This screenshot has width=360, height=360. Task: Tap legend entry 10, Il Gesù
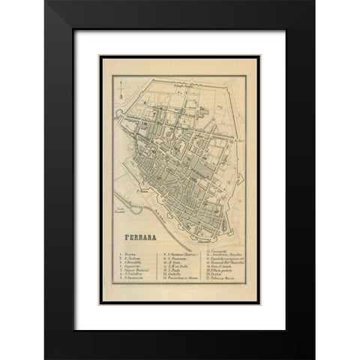click(173, 265)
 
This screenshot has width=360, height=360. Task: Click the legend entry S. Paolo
click(174, 277)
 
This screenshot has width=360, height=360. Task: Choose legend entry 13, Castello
click(175, 282)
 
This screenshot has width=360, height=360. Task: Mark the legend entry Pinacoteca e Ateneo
click(181, 288)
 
